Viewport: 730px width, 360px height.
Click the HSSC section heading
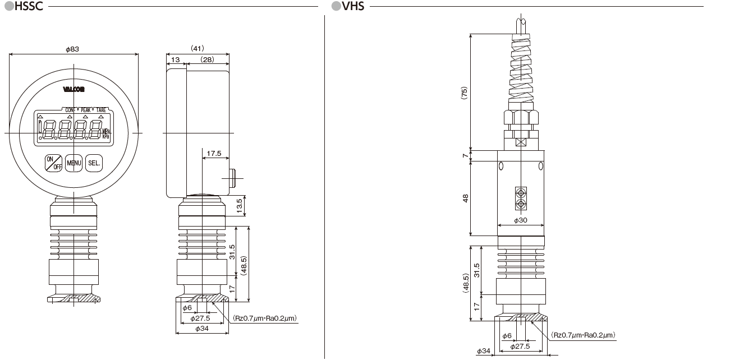[26, 7]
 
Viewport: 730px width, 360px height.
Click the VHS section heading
[352, 7]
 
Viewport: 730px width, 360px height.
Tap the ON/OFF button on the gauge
[54, 163]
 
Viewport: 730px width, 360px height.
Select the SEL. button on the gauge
[94, 163]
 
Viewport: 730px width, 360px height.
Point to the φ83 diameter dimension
[72, 49]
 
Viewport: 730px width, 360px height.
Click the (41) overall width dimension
[197, 48]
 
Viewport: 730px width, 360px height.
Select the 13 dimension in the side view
[175, 59]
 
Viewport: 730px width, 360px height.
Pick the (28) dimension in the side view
[208, 59]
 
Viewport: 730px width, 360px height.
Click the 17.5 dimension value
[214, 153]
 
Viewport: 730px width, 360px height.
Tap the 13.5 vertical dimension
[240, 205]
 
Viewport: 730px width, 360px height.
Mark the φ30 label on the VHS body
[521, 220]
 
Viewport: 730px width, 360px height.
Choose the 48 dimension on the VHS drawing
[465, 199]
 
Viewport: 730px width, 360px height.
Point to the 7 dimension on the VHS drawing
[465, 156]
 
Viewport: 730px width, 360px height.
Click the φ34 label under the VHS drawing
[484, 351]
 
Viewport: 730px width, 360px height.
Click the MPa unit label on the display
[107, 131]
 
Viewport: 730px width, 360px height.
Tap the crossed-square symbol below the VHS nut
[521, 142]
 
